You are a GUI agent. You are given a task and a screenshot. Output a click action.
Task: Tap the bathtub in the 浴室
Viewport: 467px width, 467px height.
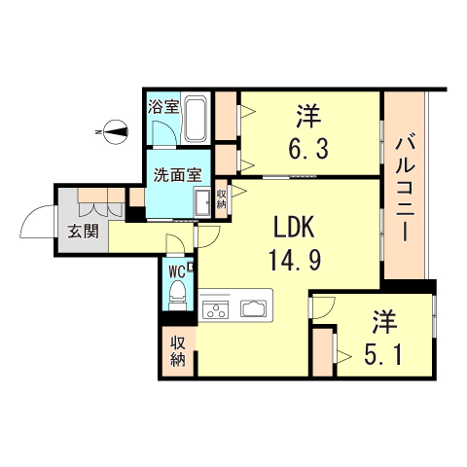point(195,120)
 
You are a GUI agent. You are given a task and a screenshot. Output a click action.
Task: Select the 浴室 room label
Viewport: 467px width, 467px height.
point(163,107)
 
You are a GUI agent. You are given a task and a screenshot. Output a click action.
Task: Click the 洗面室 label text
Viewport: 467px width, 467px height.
point(177,175)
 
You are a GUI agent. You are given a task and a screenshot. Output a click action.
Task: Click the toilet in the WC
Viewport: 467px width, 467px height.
point(177,295)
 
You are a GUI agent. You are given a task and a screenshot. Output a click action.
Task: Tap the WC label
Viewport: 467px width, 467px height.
point(177,271)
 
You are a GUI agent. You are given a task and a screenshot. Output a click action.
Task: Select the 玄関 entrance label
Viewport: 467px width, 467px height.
point(83,232)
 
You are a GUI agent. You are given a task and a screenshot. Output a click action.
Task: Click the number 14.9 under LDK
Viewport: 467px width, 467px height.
point(295,261)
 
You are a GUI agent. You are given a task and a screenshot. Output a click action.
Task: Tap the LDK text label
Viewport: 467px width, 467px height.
point(294,228)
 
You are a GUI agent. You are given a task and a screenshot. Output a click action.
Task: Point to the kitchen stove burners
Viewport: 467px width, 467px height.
point(215,309)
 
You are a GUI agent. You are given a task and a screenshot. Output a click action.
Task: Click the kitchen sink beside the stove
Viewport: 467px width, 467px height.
point(253,308)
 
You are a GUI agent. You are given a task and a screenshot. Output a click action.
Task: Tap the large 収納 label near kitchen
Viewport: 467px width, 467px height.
point(178,351)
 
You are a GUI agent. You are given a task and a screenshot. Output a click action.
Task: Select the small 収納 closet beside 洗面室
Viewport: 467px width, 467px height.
point(222,199)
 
